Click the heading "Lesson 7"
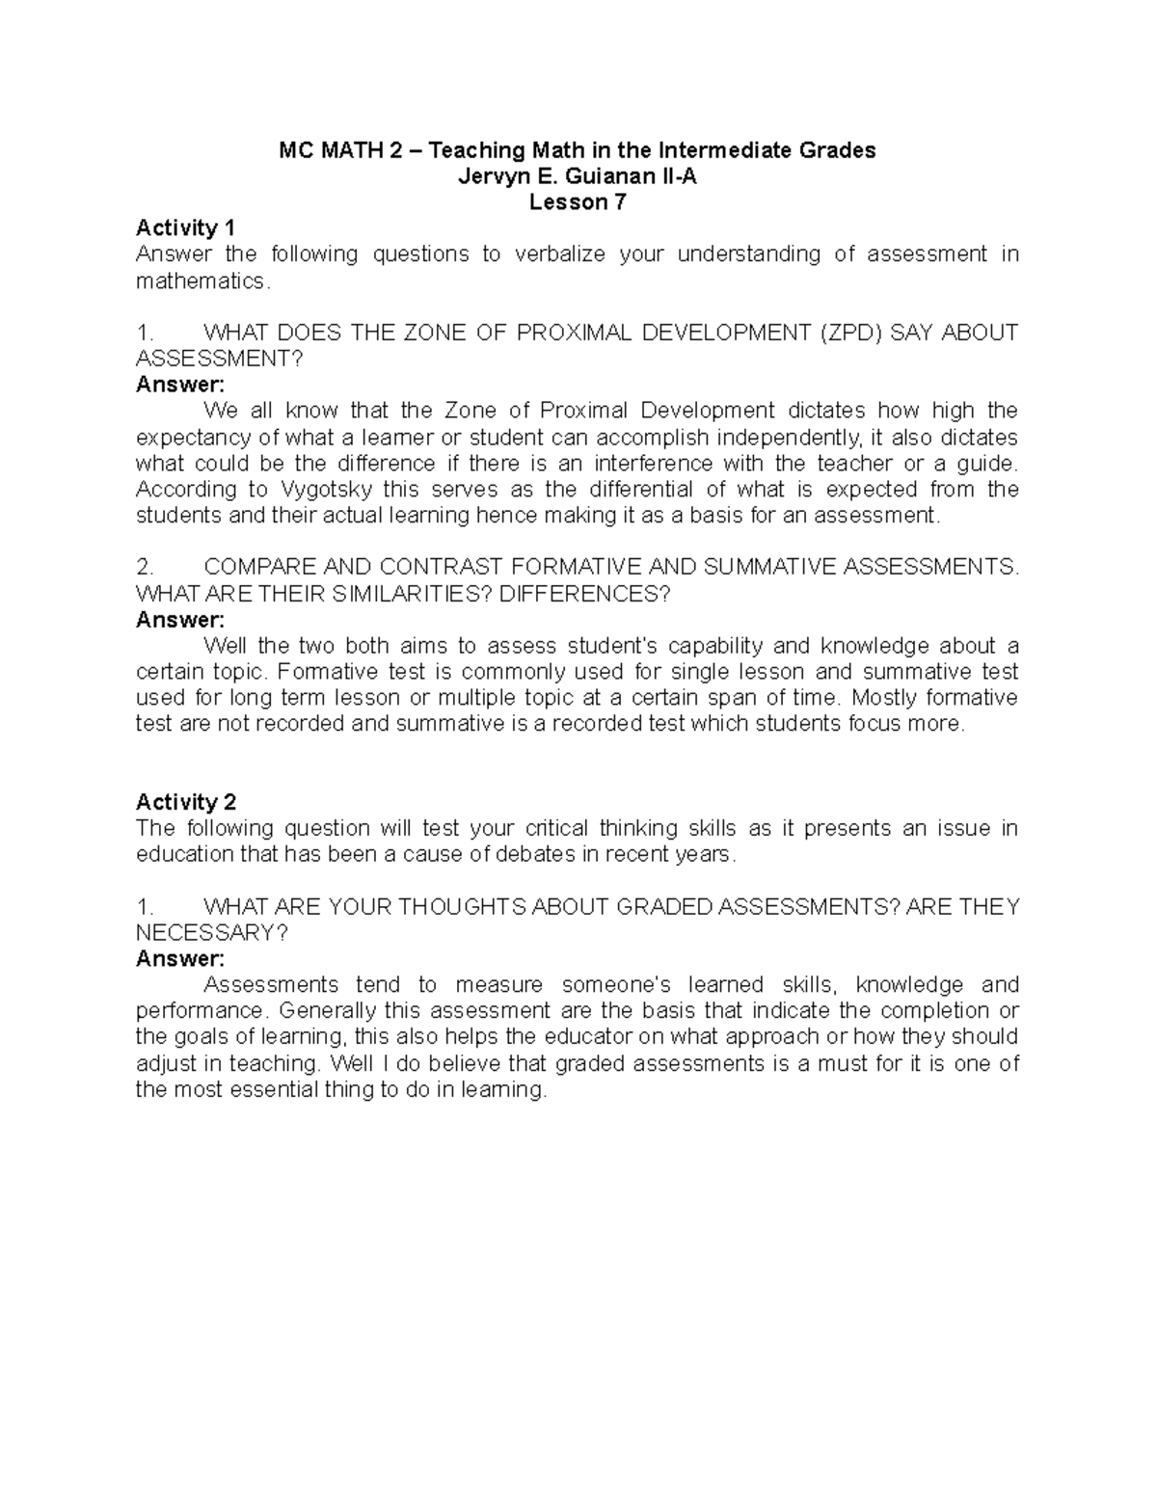578,202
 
